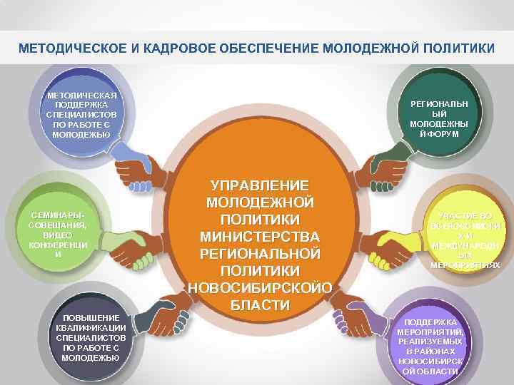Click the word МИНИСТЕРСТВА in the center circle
click(x=259, y=236)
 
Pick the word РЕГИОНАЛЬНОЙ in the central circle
click(x=259, y=253)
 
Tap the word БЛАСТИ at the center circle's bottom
click(x=259, y=305)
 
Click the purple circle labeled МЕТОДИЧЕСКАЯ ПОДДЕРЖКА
click(x=81, y=114)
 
